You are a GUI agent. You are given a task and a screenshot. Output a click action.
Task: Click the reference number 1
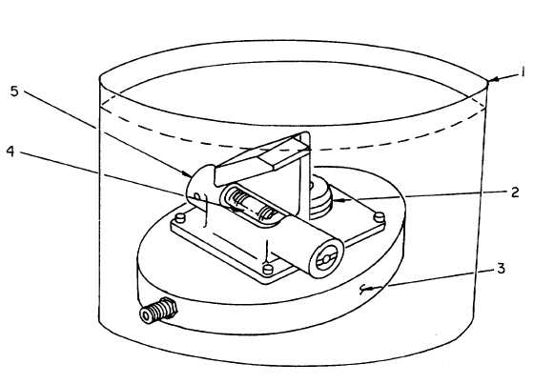tap(522, 71)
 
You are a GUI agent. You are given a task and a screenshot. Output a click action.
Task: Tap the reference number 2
tap(515, 192)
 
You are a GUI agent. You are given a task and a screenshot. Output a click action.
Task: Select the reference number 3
tap(501, 269)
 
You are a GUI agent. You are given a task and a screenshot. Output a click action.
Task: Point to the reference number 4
tap(10, 152)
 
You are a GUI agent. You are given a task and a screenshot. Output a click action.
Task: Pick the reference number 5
tap(14, 91)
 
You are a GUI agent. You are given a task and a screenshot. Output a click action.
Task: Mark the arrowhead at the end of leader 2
tap(339, 200)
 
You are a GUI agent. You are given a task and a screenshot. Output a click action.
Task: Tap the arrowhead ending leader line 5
tap(187, 174)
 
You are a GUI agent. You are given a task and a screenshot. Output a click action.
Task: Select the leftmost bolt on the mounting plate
tap(180, 218)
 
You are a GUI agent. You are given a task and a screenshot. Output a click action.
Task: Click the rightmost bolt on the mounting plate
tap(380, 216)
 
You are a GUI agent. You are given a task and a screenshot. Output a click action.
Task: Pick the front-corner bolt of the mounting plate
tap(268, 270)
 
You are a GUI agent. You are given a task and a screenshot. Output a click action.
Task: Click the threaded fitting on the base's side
tap(158, 310)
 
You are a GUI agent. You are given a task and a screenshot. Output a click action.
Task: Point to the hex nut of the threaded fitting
tap(169, 308)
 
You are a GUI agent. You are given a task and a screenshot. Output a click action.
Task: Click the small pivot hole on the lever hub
tap(196, 196)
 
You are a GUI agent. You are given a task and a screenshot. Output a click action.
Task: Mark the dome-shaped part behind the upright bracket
tap(320, 196)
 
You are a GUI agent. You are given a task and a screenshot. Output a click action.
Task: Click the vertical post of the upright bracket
tap(304, 173)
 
